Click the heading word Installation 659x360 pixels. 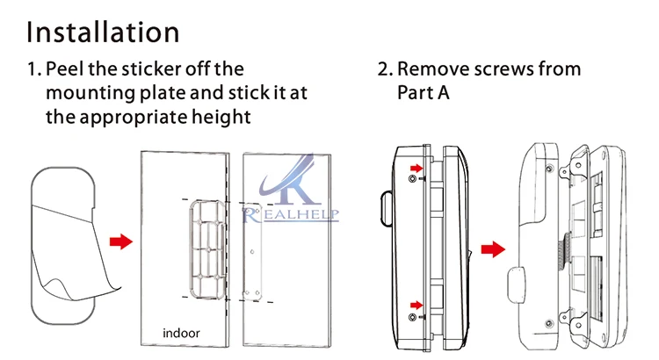click(103, 32)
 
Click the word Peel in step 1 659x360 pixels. click(64, 68)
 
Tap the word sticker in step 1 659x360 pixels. click(151, 68)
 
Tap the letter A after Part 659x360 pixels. click(444, 92)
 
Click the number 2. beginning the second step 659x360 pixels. click(385, 68)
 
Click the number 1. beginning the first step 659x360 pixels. click(33, 68)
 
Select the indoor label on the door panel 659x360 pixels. click(181, 333)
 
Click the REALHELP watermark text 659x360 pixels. click(291, 214)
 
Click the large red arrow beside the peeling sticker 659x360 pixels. click(121, 241)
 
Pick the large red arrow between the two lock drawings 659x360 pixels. click(493, 249)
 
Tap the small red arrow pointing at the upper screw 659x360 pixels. click(416, 169)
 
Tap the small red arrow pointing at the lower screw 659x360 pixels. click(416, 305)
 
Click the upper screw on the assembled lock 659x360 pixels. click(413, 179)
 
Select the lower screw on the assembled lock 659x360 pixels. click(413, 317)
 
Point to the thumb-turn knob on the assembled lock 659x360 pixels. click(386, 209)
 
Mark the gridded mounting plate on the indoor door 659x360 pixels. click(208, 250)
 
